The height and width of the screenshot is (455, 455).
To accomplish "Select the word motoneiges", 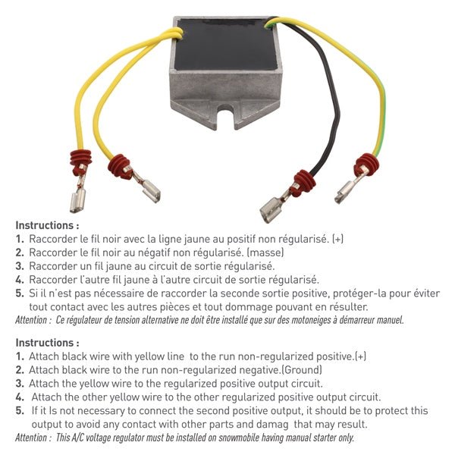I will click(292, 319).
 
